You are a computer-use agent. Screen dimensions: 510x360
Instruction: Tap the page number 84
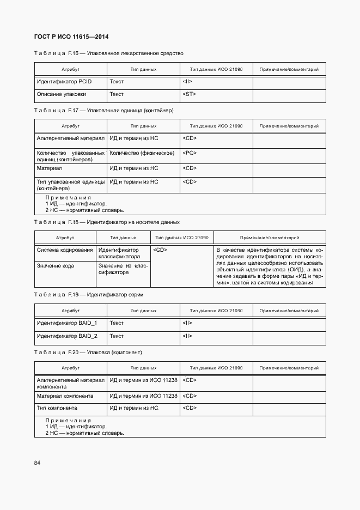(x=38, y=463)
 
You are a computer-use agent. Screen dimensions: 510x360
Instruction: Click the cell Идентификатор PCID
(x=64, y=82)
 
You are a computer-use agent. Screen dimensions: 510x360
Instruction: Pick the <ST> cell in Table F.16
(x=189, y=94)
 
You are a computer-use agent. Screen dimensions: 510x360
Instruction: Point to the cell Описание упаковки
(x=61, y=94)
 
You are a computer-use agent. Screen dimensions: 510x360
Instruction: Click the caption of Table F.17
(x=103, y=110)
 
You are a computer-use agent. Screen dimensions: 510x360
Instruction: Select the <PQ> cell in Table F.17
(x=190, y=153)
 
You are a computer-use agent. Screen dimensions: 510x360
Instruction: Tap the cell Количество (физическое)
(x=142, y=153)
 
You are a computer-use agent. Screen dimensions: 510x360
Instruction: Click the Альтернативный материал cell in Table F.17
(x=70, y=138)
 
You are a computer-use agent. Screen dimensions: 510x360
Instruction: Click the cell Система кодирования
(x=64, y=250)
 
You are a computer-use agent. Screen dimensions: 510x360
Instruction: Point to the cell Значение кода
(x=55, y=266)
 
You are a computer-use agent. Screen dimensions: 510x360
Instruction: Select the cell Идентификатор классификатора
(x=119, y=253)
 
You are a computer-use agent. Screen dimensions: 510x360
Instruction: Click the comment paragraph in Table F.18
(x=270, y=266)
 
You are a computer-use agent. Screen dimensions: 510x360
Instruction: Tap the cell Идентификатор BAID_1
(x=67, y=323)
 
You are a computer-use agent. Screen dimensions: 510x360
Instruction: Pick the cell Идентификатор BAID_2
(x=67, y=336)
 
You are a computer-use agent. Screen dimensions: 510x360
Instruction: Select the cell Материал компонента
(x=65, y=396)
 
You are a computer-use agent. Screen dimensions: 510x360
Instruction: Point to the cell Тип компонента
(x=57, y=408)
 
